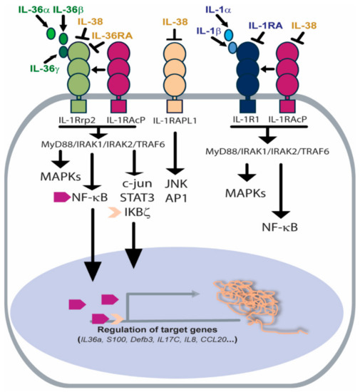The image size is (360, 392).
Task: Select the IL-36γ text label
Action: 24,68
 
